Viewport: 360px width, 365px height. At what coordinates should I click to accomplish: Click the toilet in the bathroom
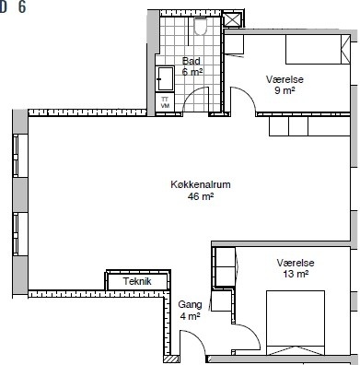pos(201,26)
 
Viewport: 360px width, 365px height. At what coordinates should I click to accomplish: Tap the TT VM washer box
pos(165,101)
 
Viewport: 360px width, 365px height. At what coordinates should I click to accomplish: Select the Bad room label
pos(191,61)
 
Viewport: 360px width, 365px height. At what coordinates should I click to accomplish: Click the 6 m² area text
pos(192,72)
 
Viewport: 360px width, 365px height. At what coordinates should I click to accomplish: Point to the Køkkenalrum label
pos(201,184)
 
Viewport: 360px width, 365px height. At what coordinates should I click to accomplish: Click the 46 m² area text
pos(201,196)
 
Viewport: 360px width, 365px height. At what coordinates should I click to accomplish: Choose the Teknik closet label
pos(137,281)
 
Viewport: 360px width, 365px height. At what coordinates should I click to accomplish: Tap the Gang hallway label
pos(191,304)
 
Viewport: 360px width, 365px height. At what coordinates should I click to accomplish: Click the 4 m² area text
pos(191,316)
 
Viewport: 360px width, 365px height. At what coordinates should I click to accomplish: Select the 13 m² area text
pos(296,274)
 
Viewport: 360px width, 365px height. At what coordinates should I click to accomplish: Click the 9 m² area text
pos(285,90)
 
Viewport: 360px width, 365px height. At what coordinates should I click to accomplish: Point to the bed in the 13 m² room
pos(296,323)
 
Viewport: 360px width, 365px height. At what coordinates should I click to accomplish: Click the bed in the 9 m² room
pos(318,49)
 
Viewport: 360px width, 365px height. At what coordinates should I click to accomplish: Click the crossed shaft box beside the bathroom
pos(232,19)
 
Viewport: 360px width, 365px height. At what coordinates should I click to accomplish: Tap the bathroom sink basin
pos(165,79)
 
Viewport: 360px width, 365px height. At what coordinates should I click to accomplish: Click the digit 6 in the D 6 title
pos(22,6)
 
